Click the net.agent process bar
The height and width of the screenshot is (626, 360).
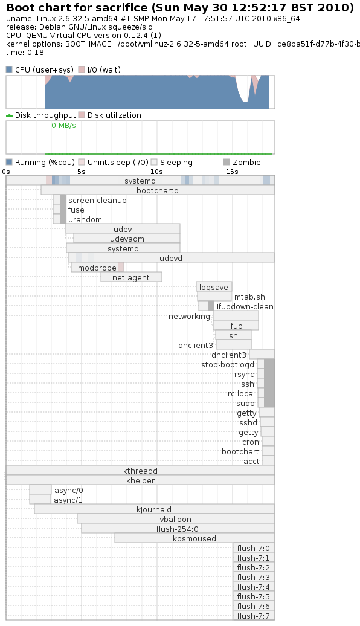pos(131,277)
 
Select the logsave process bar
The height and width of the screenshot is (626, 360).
pos(214,286)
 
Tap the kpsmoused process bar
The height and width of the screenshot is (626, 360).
pos(194,538)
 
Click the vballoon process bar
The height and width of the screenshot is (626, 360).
pos(176,519)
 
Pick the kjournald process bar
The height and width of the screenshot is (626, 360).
pos(154,509)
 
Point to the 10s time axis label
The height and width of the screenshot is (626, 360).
pos(156,172)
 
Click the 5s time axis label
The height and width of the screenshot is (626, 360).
pos(82,172)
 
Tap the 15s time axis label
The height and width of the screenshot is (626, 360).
pos(232,172)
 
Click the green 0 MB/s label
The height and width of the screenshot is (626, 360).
pos(63,125)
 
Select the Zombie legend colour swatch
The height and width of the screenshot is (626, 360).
pos(227,162)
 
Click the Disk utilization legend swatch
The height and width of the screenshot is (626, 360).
pos(82,115)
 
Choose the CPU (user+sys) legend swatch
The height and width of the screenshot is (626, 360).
pos(9,70)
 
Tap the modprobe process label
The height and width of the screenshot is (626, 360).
pos(97,268)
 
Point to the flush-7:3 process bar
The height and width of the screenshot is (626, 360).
pos(254,577)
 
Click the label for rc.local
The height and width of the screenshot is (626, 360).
pos(241,393)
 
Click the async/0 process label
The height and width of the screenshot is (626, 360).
pos(69,490)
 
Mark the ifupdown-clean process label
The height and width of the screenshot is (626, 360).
pos(245,306)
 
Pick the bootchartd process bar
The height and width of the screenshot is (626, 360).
pos(158,190)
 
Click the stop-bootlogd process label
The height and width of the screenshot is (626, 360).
pos(228,365)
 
